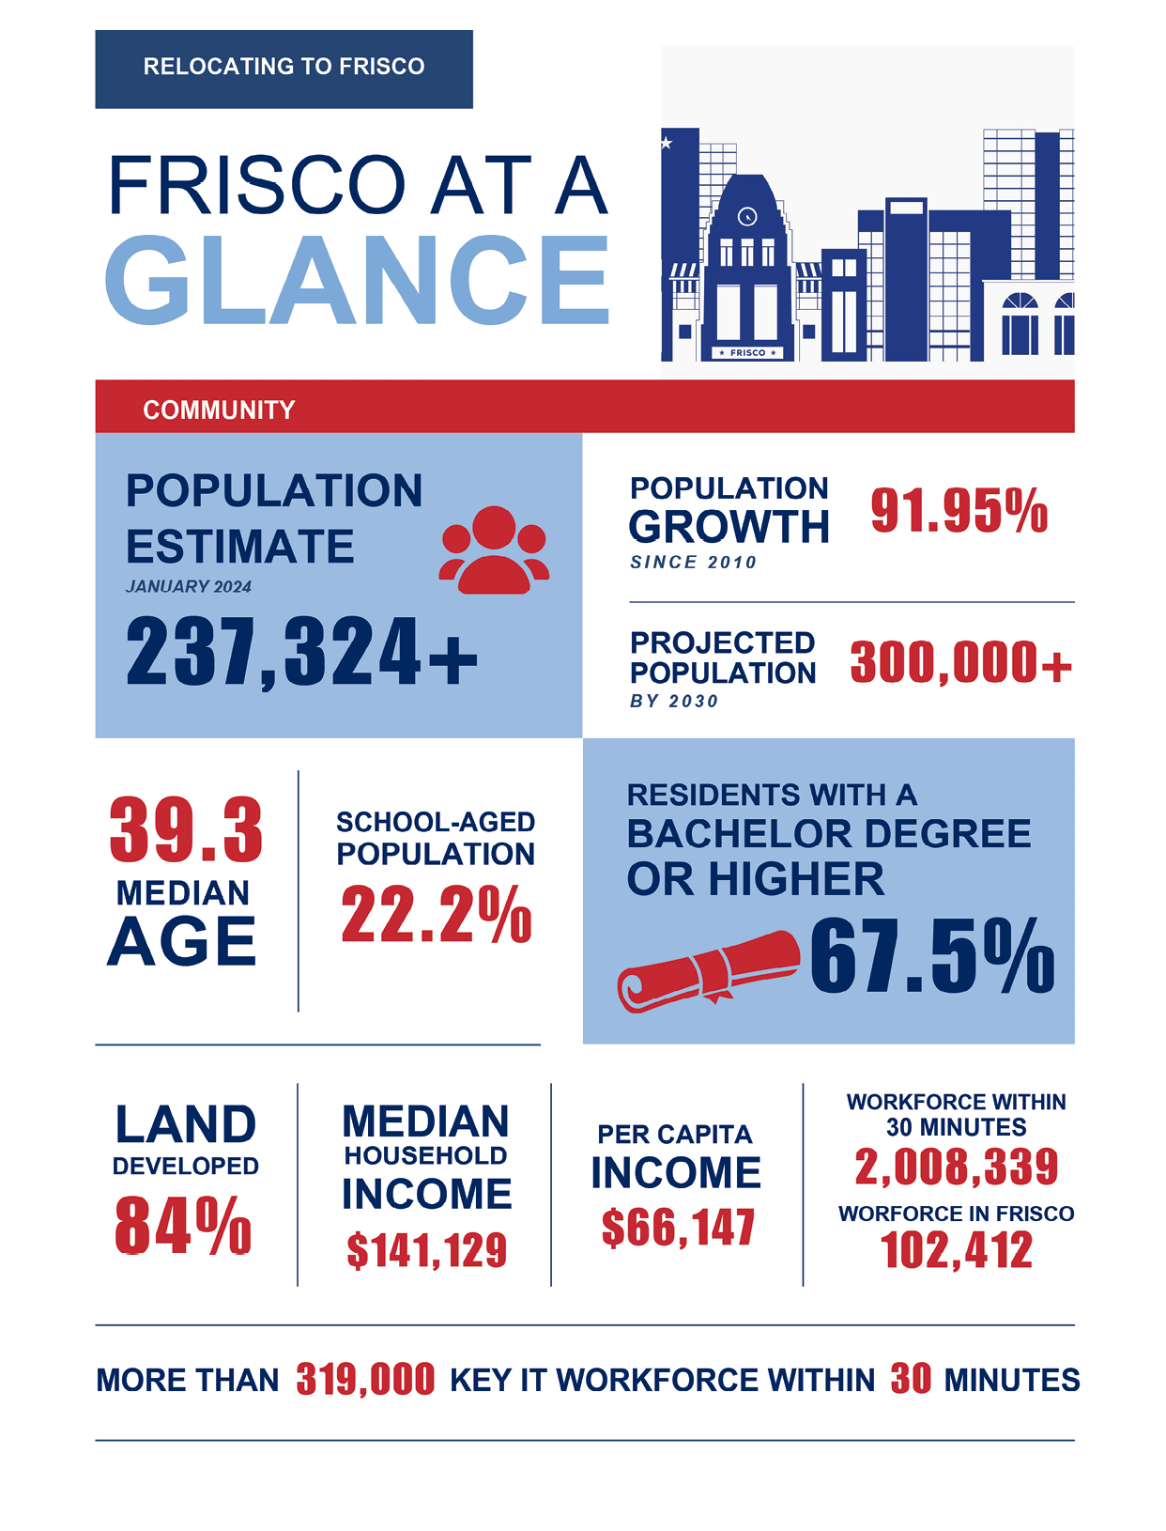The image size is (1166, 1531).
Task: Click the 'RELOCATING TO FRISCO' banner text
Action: point(283,67)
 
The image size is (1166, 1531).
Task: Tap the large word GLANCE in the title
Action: point(356,281)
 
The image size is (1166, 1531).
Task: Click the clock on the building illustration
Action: point(746,216)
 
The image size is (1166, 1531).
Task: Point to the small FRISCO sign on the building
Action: point(747,353)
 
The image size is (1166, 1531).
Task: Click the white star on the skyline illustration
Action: point(667,143)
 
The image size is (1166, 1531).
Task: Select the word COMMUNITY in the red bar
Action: point(219,410)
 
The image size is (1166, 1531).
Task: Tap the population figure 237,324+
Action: point(301,652)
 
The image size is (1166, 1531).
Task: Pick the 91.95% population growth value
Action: point(959,511)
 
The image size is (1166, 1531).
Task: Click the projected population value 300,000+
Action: point(960,662)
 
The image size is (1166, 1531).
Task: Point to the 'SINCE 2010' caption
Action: point(693,563)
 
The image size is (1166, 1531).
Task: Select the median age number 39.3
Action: point(185,830)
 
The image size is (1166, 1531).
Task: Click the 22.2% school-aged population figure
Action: point(437,914)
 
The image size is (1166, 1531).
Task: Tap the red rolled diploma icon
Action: point(708,971)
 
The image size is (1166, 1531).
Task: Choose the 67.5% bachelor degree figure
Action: point(932,955)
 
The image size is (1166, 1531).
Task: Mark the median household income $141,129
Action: point(426,1250)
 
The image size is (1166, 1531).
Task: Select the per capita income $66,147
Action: point(678,1228)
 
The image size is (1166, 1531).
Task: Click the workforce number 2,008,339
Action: point(957,1167)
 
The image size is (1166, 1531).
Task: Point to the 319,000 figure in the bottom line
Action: point(365,1380)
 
